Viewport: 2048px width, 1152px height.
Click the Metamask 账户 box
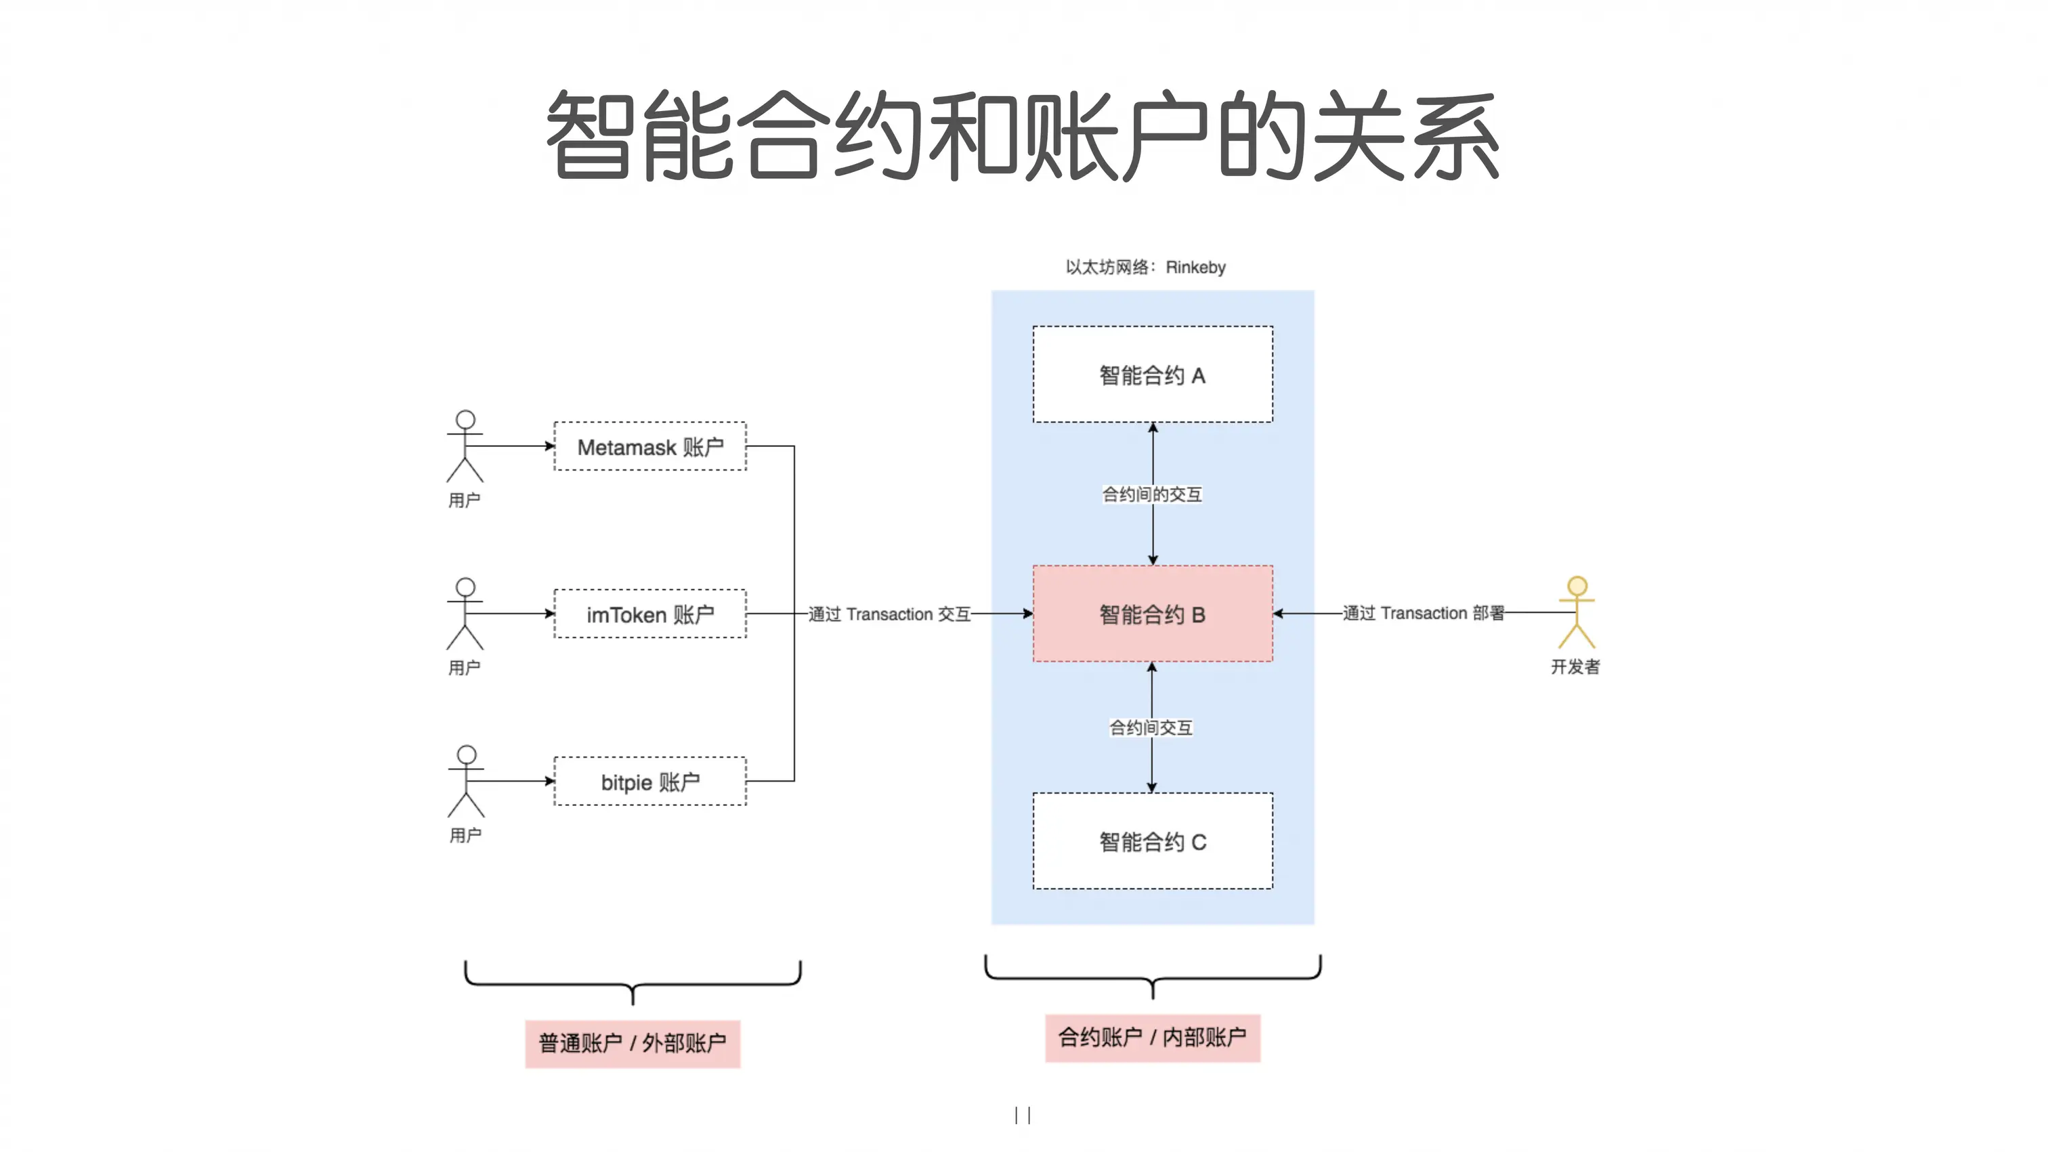(x=649, y=446)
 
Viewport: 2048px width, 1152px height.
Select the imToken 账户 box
(x=649, y=614)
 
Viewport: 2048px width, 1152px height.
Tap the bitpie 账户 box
(x=649, y=782)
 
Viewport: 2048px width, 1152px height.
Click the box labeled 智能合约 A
(x=1152, y=375)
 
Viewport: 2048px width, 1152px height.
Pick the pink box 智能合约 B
(x=1152, y=614)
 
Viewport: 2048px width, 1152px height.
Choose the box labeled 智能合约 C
(x=1152, y=841)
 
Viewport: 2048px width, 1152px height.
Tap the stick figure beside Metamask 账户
(x=465, y=446)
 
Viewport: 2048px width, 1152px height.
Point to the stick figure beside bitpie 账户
(x=466, y=781)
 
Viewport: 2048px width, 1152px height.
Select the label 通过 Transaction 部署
(x=1423, y=613)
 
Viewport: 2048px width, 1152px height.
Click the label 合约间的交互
(x=1151, y=494)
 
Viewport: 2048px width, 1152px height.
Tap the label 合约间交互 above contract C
(x=1151, y=727)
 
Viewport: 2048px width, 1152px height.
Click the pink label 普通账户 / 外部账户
(x=632, y=1043)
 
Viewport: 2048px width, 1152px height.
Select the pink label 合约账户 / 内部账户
(x=1152, y=1038)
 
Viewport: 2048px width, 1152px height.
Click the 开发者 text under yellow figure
(x=1575, y=666)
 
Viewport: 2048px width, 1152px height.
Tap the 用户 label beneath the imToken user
(x=465, y=668)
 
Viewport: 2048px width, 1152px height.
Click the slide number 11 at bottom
(x=1023, y=1115)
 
